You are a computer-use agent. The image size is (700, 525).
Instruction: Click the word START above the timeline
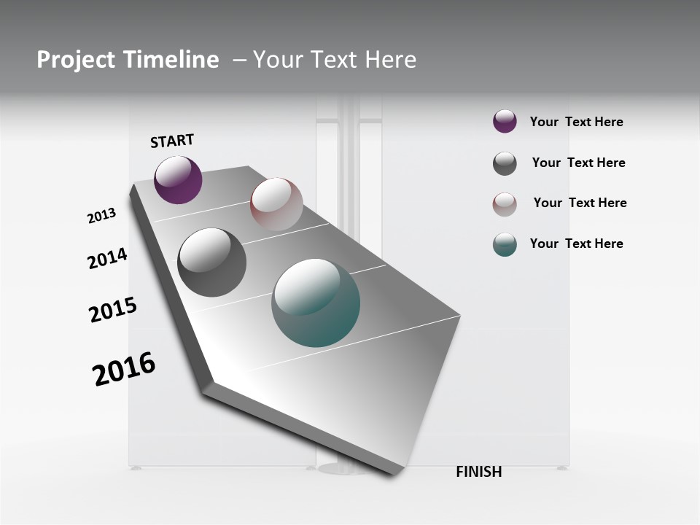[172, 141]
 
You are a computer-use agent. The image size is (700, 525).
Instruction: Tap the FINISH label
[479, 472]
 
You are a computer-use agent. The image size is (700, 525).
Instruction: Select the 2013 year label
[101, 216]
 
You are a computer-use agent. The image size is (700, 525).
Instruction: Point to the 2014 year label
[107, 259]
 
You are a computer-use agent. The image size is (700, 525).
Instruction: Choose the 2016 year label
[124, 369]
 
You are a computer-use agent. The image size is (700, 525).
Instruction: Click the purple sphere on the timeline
[178, 179]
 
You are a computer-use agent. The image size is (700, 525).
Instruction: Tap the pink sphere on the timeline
[276, 204]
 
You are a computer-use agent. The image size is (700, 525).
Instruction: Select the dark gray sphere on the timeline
[212, 262]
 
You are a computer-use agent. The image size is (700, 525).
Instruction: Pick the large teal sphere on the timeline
[316, 303]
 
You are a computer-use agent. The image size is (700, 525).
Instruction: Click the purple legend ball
[505, 121]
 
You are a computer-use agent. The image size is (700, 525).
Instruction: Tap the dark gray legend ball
[505, 163]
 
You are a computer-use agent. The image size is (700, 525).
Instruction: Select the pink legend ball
[505, 204]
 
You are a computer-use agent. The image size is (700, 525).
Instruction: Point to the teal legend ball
[505, 244]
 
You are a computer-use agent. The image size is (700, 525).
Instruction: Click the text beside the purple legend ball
[576, 122]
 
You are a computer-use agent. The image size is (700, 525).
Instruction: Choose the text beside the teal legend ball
[576, 244]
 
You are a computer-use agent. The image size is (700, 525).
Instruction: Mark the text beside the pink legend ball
[580, 203]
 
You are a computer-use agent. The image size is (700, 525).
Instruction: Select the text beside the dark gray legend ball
[578, 163]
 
